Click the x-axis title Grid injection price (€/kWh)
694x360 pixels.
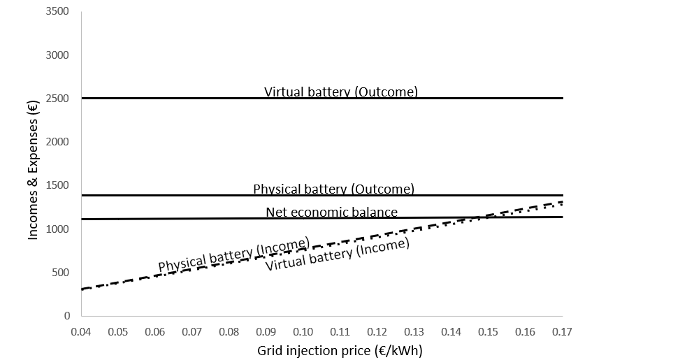pos(340,350)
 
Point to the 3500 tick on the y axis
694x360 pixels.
pos(57,12)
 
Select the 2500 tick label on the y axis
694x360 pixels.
pos(57,99)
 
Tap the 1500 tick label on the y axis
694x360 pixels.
pos(57,185)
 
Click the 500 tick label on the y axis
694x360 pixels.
pos(60,273)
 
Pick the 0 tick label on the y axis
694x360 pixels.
pos(67,316)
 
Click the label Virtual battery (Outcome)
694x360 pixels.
pos(340,92)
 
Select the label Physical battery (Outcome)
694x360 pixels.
pos(333,189)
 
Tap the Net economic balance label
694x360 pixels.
pos(331,212)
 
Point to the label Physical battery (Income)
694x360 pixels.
pos(234,255)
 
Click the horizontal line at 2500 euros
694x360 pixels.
pos(175,99)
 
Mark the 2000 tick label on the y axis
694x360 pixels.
pos(57,142)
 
